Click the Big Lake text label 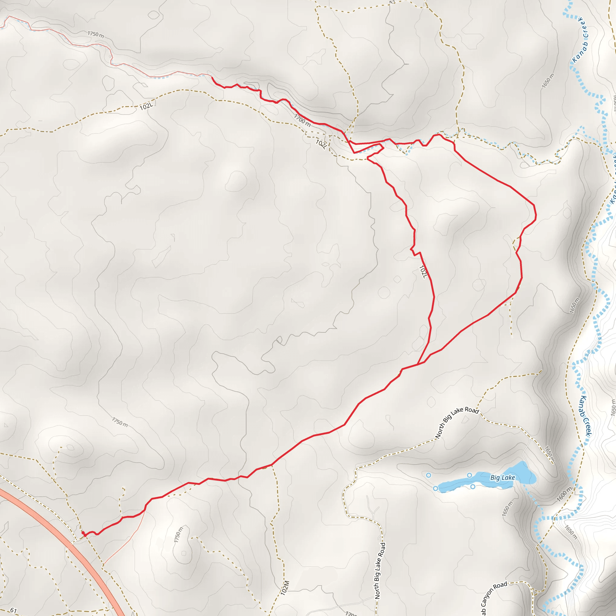point(503,477)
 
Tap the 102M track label point(285,588)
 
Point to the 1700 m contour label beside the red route point(302,120)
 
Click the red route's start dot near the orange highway point(83,532)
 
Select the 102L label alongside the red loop point(423,272)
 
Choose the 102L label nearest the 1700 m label point(321,144)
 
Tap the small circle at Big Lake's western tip point(435,488)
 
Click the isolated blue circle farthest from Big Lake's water point(429,475)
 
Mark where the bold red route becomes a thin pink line point(211,76)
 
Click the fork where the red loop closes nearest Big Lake point(417,365)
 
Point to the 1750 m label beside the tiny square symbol point(179,535)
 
